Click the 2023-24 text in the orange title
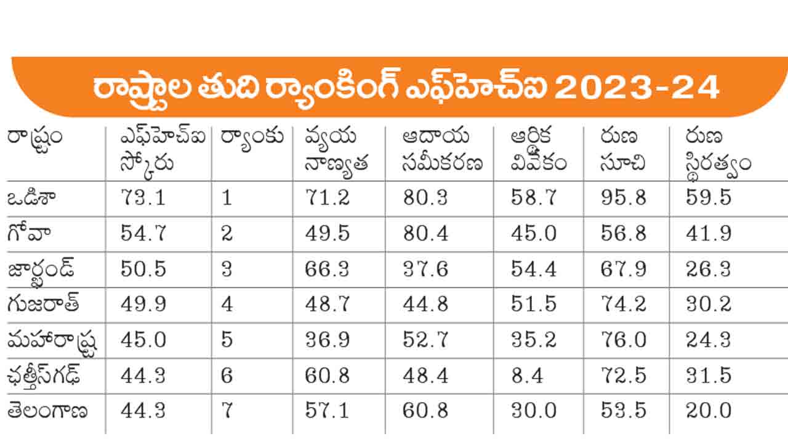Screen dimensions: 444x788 coord(637,88)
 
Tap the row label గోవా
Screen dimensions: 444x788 coord(30,234)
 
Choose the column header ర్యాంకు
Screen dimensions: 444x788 coord(252,137)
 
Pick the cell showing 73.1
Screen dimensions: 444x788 coord(144,198)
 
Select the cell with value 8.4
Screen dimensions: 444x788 coord(527,376)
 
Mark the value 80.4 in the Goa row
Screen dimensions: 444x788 coord(425,234)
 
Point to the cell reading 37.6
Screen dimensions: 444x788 coord(425,269)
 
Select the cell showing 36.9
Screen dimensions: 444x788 coord(328,340)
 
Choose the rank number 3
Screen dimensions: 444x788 coord(227,269)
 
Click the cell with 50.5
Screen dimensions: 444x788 coord(144,269)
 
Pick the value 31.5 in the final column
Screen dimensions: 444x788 coord(709,376)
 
